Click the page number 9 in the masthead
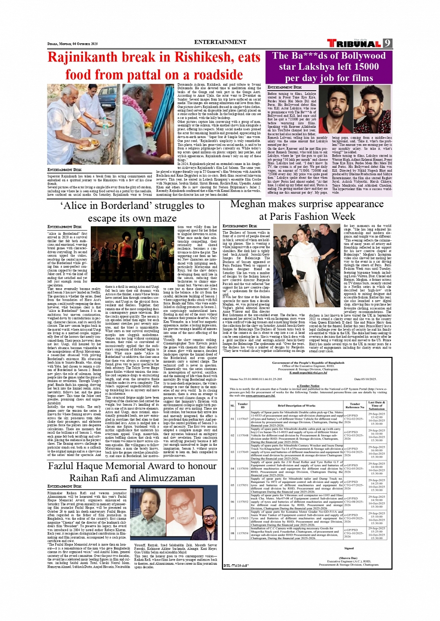pyautogui.click(x=387, y=43)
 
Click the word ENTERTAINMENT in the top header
pyautogui.click(x=220, y=42)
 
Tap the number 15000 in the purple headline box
pyautogui.click(x=353, y=66)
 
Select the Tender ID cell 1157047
pyautogui.click(x=243, y=419)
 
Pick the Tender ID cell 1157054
pyautogui.click(x=243, y=533)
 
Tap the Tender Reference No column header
pyautogui.click(x=354, y=406)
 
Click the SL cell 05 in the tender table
pyautogui.click(x=233, y=485)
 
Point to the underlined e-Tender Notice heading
pyautogui.click(x=308, y=385)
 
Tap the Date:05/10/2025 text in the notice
pyautogui.click(x=368, y=379)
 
